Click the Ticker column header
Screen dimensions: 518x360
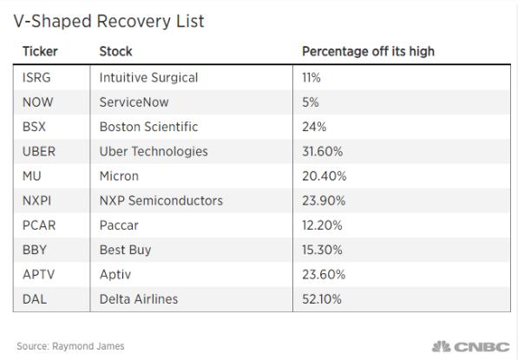[x=40, y=51]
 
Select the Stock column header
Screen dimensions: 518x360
[x=115, y=51]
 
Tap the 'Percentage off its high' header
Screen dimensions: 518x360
[x=368, y=51]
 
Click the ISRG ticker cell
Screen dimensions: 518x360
[x=36, y=77]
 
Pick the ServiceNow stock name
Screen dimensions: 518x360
[x=134, y=102]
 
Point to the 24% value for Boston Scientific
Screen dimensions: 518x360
[x=314, y=127]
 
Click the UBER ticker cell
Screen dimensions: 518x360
[x=39, y=152]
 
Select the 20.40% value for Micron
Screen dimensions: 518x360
[x=325, y=176]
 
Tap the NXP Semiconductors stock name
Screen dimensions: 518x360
[x=161, y=200]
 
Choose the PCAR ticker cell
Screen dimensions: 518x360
[x=39, y=226]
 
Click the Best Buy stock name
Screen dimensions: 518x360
[x=125, y=250]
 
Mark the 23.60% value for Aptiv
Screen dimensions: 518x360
[x=324, y=274]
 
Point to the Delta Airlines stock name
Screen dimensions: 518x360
[x=139, y=299]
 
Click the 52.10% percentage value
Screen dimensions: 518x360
[x=322, y=299]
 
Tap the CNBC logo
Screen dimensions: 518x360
[x=471, y=346]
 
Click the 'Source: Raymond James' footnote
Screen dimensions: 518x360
[x=70, y=346]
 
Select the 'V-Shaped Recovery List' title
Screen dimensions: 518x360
[x=108, y=22]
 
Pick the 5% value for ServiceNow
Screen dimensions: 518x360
[x=311, y=102]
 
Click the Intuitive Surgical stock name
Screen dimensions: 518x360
[x=148, y=77]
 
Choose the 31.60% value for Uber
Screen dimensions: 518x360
[x=323, y=152]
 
